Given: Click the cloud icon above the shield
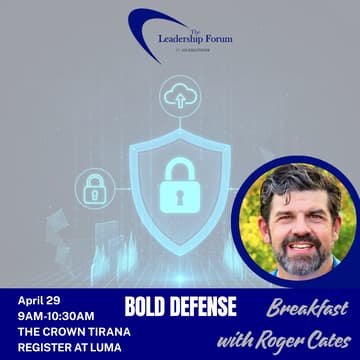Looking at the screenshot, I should tap(182, 96).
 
